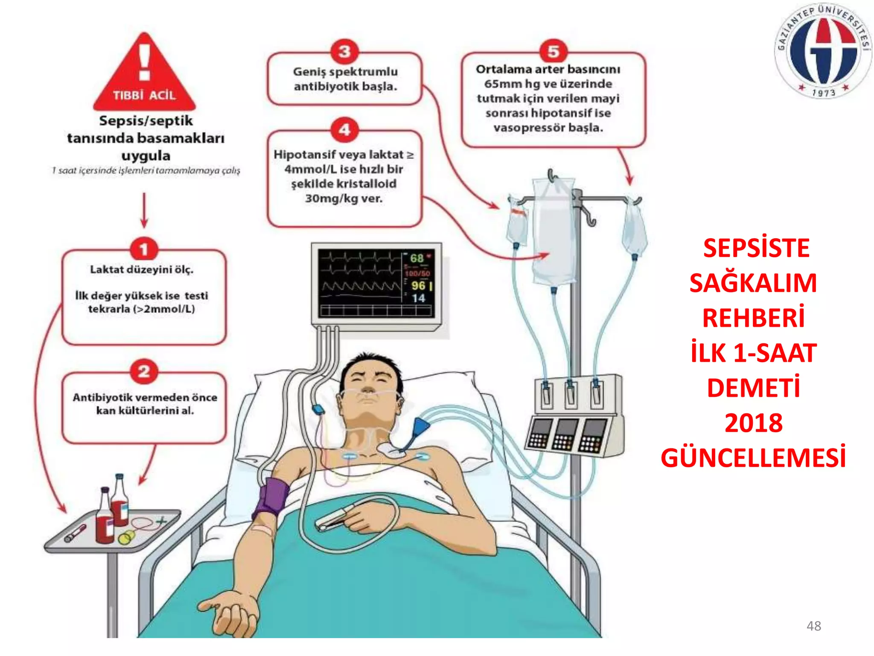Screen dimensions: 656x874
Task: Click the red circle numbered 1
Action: [144, 249]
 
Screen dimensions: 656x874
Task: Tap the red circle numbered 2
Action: [144, 371]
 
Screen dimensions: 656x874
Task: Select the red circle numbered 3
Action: [344, 51]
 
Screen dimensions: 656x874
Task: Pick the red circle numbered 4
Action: [344, 129]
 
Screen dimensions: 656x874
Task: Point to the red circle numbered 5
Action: [553, 51]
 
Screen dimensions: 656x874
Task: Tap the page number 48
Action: [813, 626]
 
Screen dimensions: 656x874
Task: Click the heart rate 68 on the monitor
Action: [417, 258]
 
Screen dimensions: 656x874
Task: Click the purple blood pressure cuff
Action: [271, 498]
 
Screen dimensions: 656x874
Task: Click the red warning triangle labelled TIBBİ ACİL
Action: [144, 77]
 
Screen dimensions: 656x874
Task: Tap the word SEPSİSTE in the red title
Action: [756, 248]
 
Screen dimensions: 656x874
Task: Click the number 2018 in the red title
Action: [754, 423]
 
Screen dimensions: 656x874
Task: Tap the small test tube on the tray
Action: [75, 533]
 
